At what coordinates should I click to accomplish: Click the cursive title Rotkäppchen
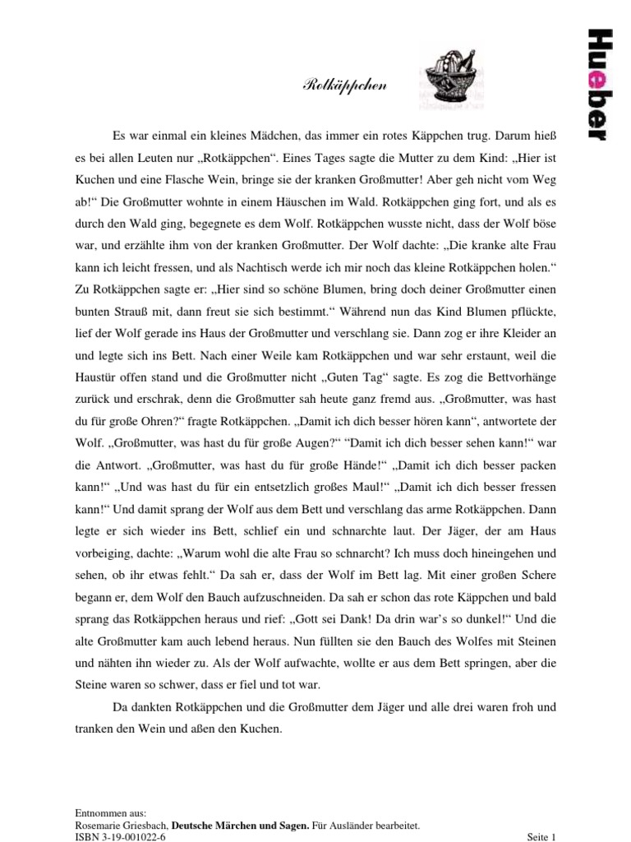point(335,84)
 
